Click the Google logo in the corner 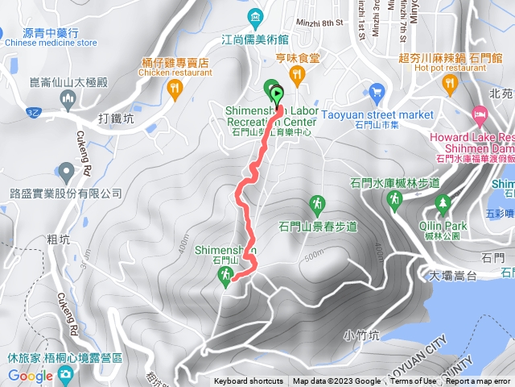click(x=31, y=376)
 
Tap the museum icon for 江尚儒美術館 click(x=255, y=15)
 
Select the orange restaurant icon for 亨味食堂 click(x=298, y=76)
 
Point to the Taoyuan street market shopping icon click(x=373, y=92)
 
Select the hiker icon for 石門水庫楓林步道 click(x=394, y=198)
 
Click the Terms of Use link click(x=414, y=381)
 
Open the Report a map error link click(x=478, y=381)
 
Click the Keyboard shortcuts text click(x=249, y=381)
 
